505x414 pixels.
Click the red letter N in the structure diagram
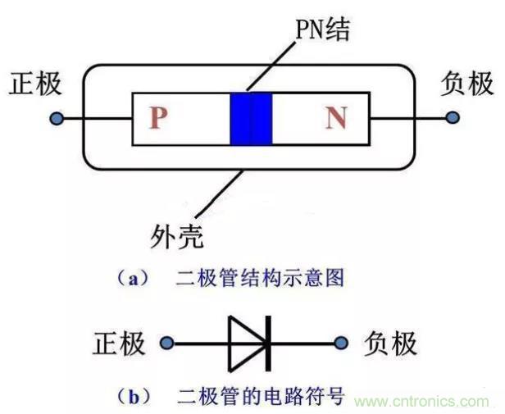(336, 119)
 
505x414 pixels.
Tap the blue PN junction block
(251, 119)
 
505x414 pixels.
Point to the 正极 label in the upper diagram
(35, 84)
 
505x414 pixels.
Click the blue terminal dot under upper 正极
(56, 119)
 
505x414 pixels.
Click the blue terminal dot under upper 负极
(452, 119)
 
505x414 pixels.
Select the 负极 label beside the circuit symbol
(389, 343)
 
